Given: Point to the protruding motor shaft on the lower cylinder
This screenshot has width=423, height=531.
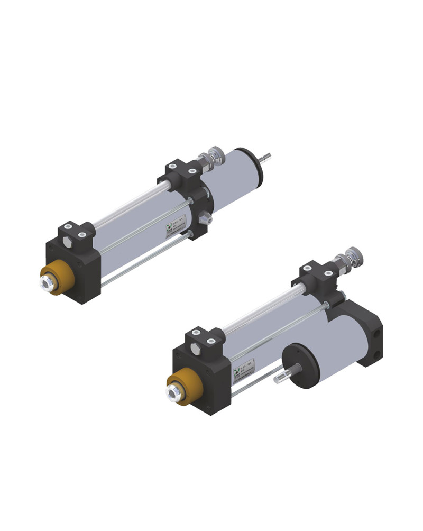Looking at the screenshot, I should tap(281, 377).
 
